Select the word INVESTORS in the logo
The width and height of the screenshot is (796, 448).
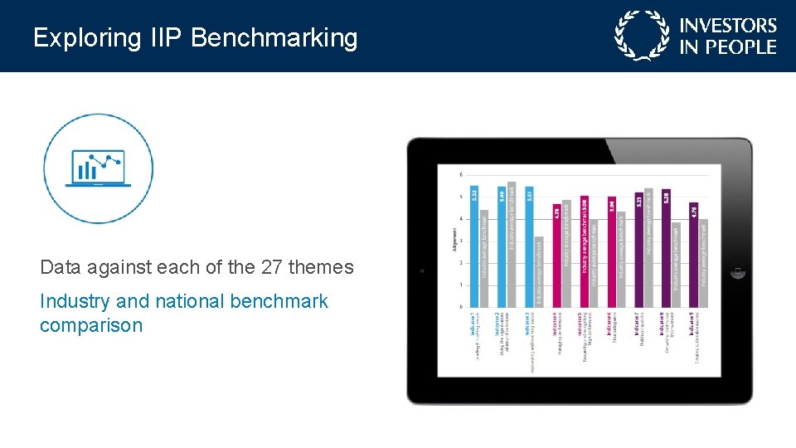click(728, 27)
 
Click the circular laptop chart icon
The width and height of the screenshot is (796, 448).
click(98, 168)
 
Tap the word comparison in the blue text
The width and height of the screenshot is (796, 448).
click(91, 325)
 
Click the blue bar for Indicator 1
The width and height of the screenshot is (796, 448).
click(474, 247)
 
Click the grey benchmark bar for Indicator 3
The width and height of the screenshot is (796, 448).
click(539, 271)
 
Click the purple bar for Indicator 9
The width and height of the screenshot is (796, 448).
click(693, 254)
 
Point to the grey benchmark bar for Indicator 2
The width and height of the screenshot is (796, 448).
click(512, 244)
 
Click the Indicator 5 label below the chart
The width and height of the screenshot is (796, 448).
click(584, 333)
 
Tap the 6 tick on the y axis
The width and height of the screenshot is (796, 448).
click(461, 175)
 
